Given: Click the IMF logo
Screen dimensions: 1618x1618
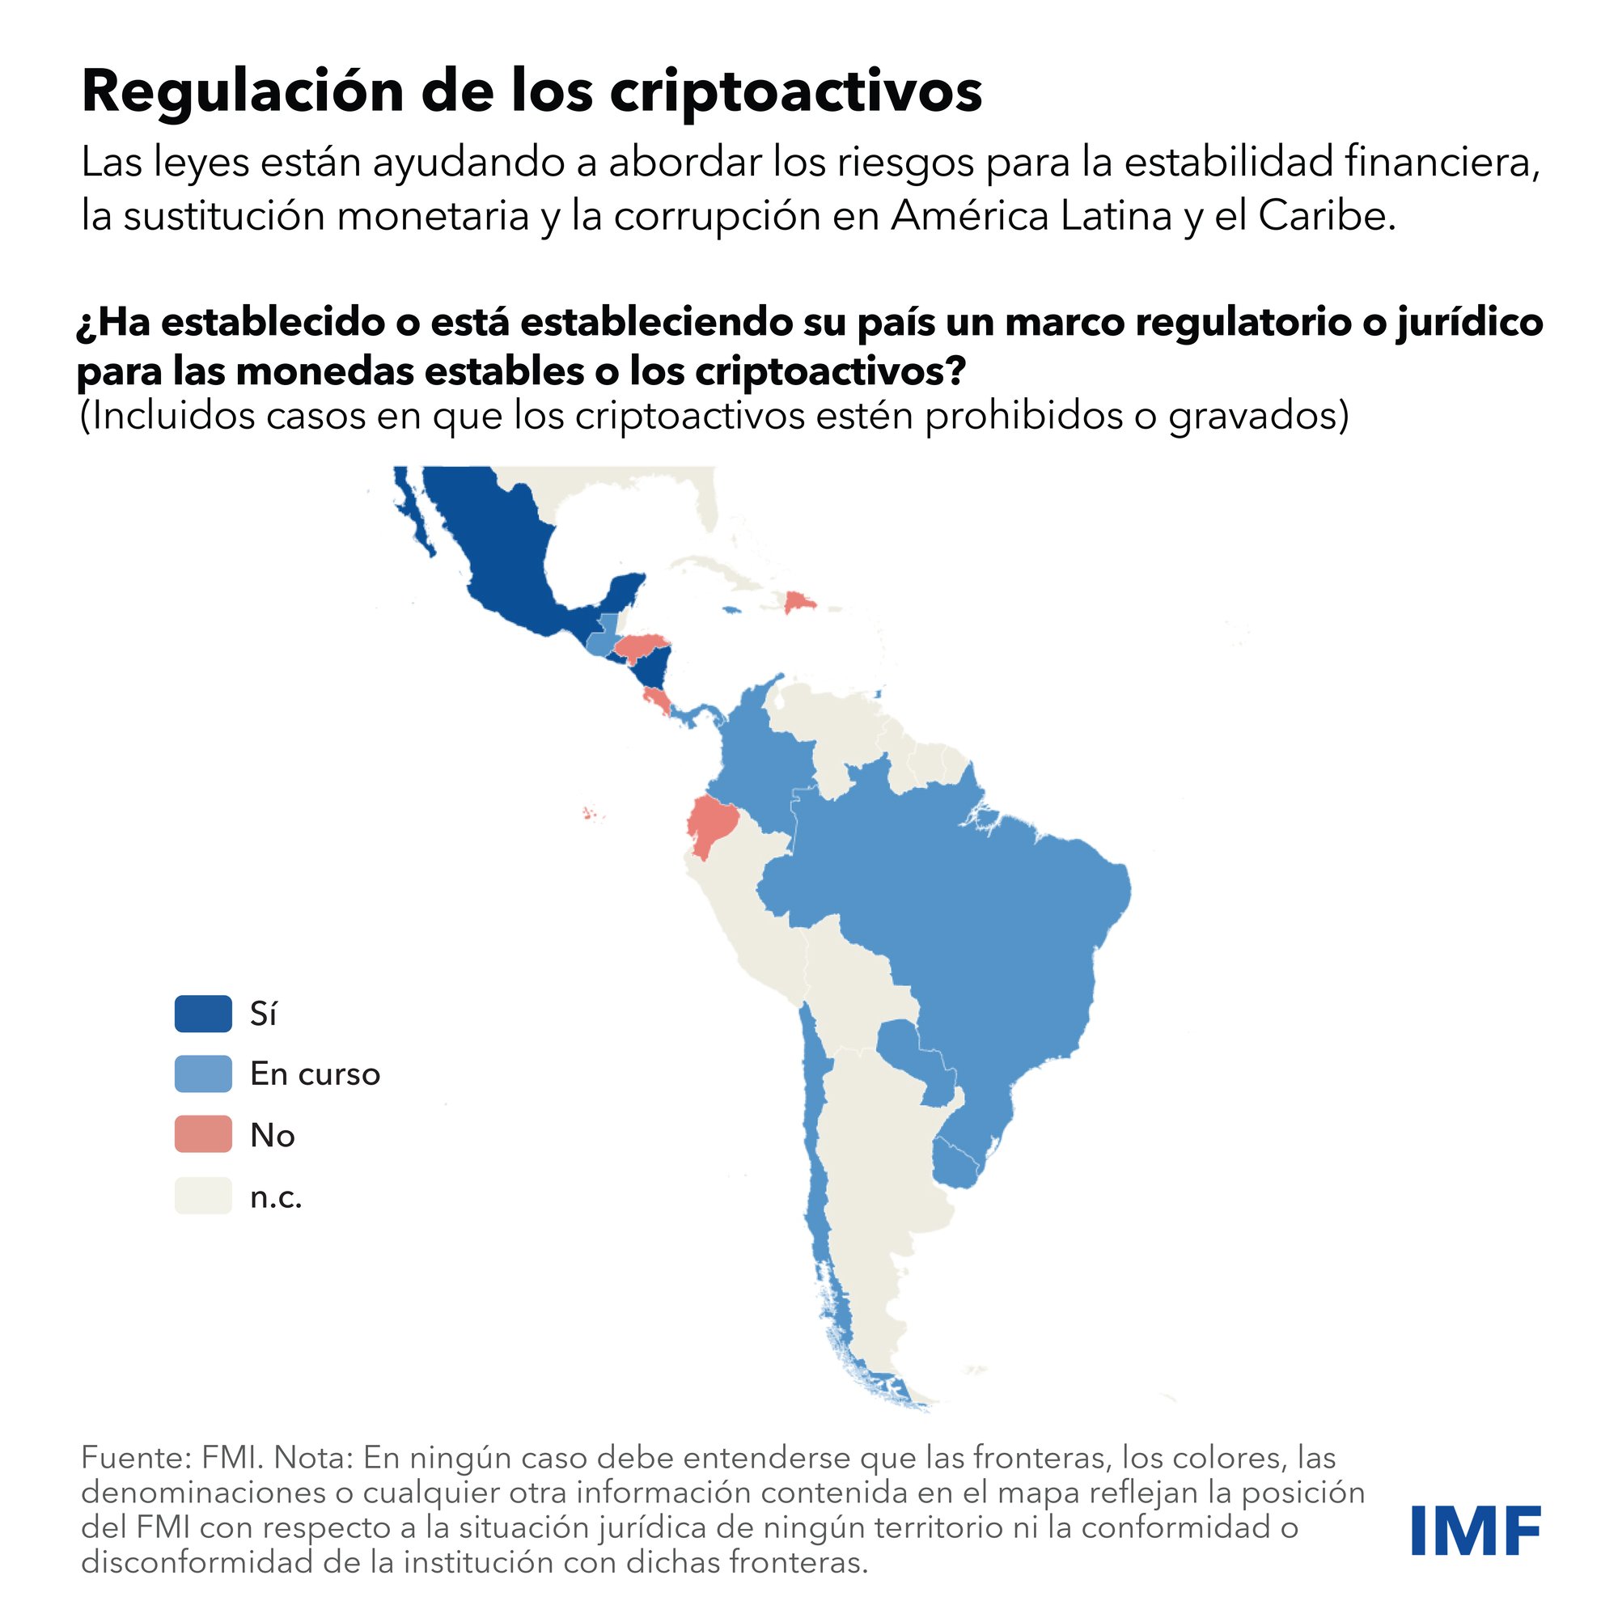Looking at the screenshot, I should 1476,1530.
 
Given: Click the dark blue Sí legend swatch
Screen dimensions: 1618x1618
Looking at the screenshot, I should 203,1014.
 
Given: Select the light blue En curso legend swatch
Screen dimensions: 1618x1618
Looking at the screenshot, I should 203,1074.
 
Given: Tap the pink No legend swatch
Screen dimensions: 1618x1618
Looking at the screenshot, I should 203,1134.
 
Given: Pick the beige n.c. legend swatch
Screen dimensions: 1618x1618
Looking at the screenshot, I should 203,1195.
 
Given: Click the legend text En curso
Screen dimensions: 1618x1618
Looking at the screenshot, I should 315,1074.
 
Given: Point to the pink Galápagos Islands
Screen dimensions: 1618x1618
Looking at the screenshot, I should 591,813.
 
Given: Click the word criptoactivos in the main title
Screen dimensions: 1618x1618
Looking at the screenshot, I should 794,92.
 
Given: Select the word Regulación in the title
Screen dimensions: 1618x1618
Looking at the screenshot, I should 243,92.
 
